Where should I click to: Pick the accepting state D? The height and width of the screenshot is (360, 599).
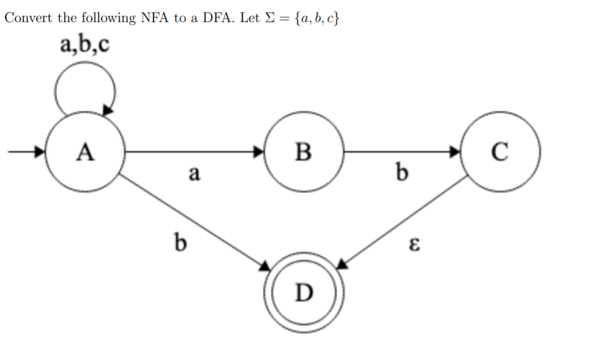point(304,292)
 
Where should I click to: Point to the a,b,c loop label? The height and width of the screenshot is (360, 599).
point(85,44)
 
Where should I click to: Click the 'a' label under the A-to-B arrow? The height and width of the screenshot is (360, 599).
point(193,173)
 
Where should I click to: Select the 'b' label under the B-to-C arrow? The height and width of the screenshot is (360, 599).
point(402,173)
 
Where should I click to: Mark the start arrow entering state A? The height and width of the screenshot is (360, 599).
point(27,152)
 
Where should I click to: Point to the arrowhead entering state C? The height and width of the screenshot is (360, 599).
point(457,152)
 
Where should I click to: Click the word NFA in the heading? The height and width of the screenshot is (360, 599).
point(155,18)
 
